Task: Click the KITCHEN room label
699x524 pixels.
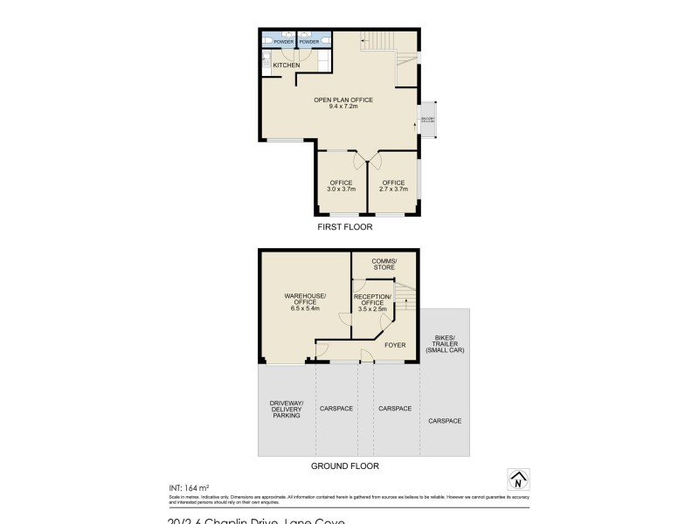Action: coord(287,65)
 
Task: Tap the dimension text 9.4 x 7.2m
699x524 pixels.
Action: coord(344,107)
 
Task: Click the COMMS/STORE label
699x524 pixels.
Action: coord(384,265)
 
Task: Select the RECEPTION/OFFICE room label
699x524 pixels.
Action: coord(375,300)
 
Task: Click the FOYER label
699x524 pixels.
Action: coord(395,344)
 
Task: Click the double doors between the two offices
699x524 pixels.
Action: coord(366,162)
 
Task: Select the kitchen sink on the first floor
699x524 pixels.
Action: coord(266,62)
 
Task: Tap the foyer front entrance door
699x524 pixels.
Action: coord(366,361)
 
